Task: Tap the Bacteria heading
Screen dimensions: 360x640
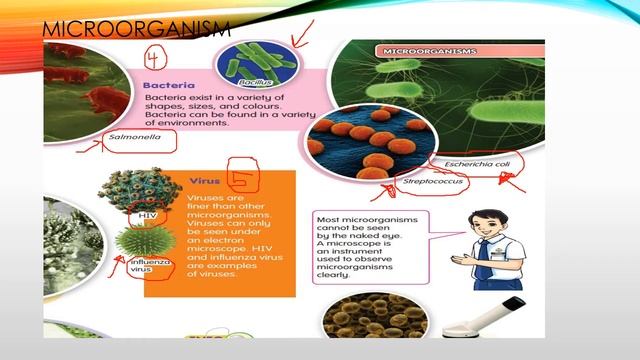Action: (168, 87)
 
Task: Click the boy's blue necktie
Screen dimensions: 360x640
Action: (483, 259)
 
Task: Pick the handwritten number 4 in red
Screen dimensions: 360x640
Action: (155, 57)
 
